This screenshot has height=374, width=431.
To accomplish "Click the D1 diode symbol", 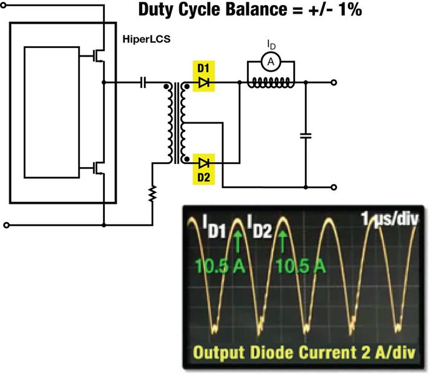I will click(201, 82).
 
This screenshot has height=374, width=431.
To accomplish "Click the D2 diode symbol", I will click(201, 163).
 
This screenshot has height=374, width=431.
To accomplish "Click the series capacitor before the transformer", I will click(145, 82).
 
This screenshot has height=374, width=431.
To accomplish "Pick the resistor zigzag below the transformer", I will click(152, 196).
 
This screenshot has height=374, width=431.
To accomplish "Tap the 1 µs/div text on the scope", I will click(390, 219).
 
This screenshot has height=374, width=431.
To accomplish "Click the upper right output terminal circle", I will click(334, 82).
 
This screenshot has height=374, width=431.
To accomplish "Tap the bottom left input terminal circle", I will click(7, 224).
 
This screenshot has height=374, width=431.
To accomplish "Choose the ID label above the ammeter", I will click(269, 44).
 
